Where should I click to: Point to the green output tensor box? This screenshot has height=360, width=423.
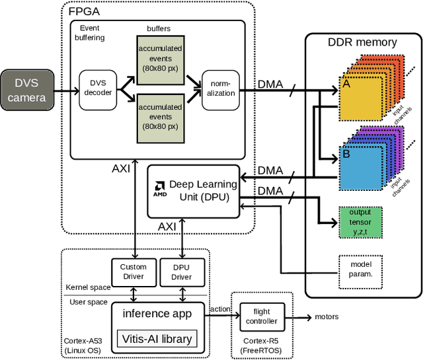tap(361, 223)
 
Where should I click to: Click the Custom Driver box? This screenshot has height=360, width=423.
tap(133, 271)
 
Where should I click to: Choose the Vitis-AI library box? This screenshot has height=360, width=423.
tap(157, 339)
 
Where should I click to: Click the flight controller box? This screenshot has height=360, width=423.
tap(260, 316)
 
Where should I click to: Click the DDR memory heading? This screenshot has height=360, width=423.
tap(362, 42)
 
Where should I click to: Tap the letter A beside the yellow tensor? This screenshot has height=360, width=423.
tap(345, 85)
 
